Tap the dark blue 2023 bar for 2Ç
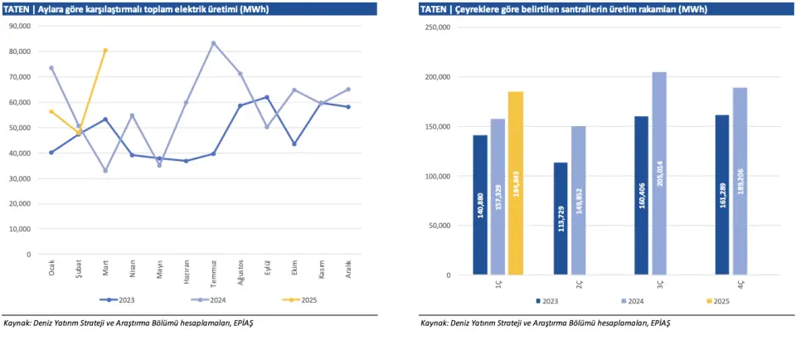tap(561, 218)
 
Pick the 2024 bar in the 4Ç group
tap(740, 181)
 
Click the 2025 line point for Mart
tap(105, 51)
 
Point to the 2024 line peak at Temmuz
tap(213, 43)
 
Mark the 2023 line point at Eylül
tap(267, 97)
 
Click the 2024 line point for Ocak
tap(51, 68)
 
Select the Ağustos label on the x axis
tap(240, 272)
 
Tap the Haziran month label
tap(187, 271)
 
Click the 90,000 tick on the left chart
tap(18, 26)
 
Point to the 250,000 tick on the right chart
tap(436, 27)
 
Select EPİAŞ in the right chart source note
tap(659, 323)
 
